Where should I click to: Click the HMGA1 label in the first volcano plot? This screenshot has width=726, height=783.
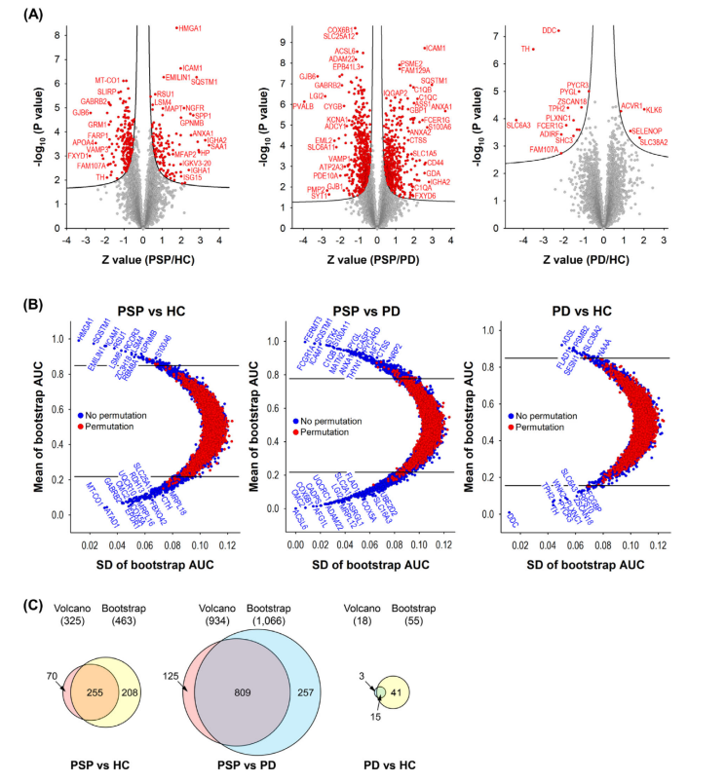[x=190, y=28]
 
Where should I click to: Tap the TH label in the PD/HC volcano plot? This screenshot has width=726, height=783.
[x=526, y=49]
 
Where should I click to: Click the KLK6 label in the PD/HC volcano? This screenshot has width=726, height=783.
[x=654, y=110]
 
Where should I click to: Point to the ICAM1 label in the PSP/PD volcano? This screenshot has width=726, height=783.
[x=435, y=48]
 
